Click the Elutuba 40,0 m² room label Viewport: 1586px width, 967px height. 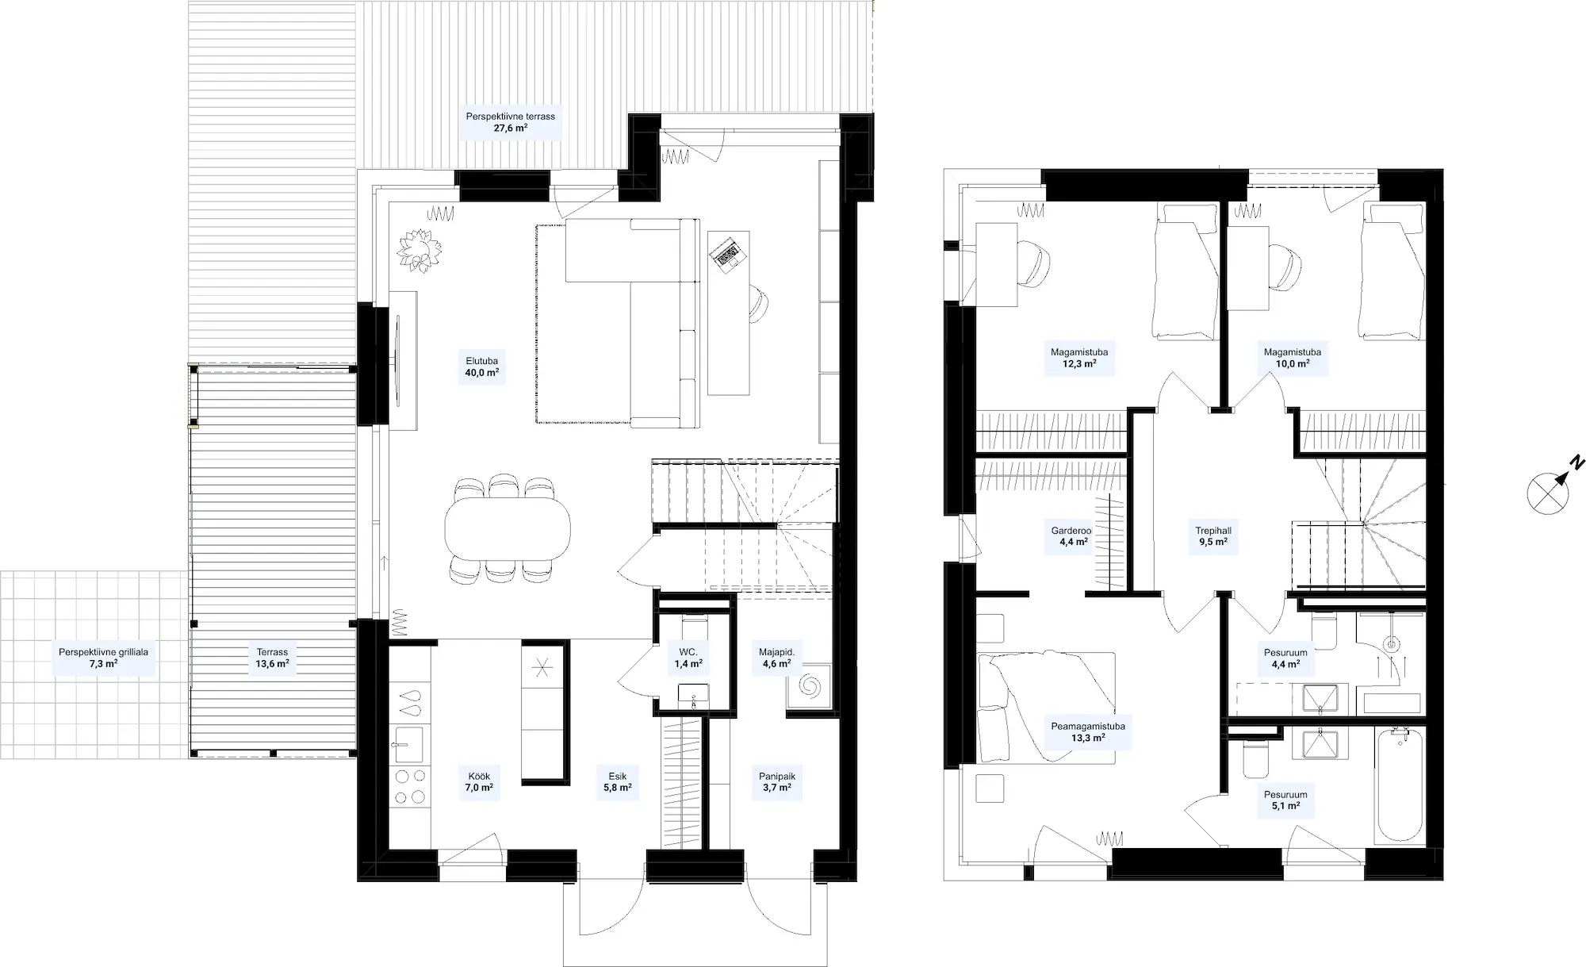(x=482, y=366)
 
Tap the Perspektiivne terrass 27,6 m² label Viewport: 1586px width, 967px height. (x=510, y=122)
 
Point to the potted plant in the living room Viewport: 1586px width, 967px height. (x=419, y=250)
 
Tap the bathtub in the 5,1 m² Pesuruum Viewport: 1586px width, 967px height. (x=1400, y=786)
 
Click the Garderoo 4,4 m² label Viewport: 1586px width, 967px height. (x=1072, y=536)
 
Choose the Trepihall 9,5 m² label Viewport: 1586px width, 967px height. (x=1213, y=536)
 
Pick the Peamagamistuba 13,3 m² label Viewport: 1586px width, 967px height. (x=1088, y=731)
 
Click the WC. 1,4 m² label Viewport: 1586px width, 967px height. (x=688, y=658)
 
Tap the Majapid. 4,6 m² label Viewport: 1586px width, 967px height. (x=776, y=658)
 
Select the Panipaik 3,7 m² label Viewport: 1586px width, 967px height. (x=777, y=782)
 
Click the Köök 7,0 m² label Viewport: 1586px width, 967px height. (x=479, y=782)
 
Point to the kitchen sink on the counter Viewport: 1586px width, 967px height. (x=408, y=745)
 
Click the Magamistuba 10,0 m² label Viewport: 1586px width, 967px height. (x=1292, y=358)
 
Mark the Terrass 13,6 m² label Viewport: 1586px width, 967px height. (x=272, y=658)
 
